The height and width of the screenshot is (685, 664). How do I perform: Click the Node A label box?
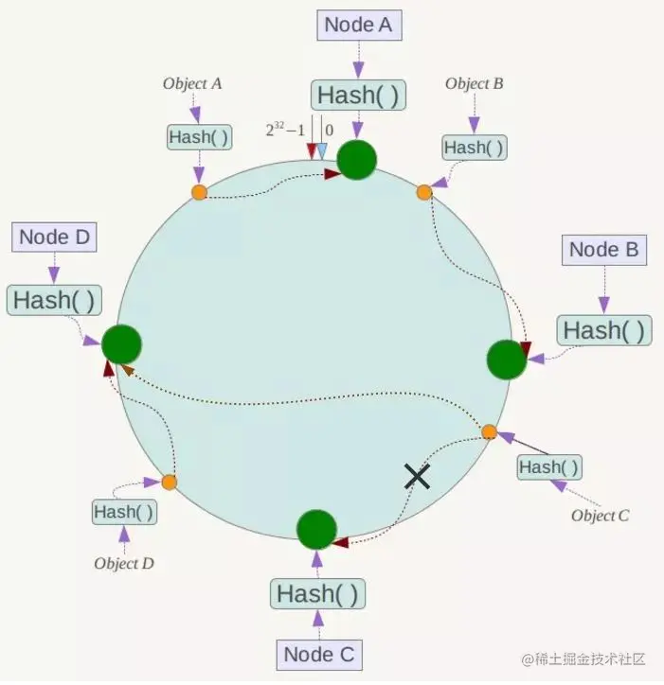(359, 26)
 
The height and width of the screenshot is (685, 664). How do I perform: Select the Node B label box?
(604, 250)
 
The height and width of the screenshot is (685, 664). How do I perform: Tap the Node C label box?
(319, 655)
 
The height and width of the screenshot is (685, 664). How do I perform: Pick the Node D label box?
(54, 237)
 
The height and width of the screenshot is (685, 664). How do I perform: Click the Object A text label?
(192, 83)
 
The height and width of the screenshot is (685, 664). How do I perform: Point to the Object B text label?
(475, 83)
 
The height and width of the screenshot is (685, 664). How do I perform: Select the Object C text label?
(601, 516)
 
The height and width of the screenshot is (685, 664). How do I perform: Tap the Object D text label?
(124, 563)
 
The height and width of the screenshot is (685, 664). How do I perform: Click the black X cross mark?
(418, 476)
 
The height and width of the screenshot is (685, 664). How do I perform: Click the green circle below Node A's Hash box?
(357, 160)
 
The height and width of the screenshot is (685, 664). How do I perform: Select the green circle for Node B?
(507, 360)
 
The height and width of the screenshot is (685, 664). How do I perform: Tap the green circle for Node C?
(316, 530)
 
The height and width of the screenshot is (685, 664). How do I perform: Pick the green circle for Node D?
(121, 344)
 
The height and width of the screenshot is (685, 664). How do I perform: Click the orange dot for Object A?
(199, 192)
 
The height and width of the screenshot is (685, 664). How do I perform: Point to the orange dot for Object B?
(423, 192)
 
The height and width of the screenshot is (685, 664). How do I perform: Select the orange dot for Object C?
(489, 432)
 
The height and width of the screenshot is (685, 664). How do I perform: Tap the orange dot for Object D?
(170, 483)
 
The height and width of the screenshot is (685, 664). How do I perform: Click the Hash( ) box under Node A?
(358, 95)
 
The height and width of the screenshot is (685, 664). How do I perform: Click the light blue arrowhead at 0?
(321, 151)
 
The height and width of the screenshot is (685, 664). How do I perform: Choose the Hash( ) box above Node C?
(317, 593)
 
